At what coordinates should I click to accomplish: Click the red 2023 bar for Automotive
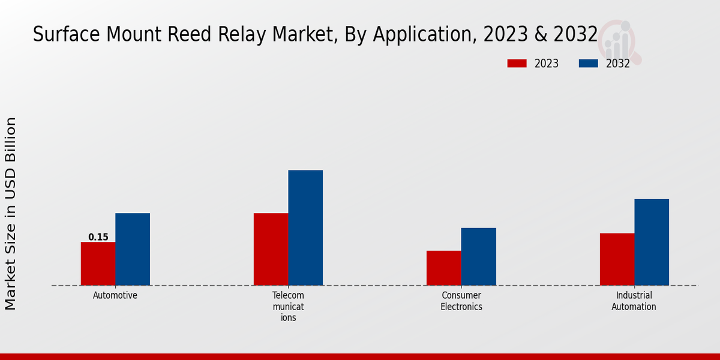pos(98,263)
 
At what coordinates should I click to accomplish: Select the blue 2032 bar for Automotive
pos(133,249)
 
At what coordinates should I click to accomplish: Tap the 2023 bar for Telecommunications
pos(271,249)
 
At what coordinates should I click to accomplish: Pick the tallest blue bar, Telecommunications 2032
pos(305,227)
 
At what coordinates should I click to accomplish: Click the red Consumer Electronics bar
pos(444,268)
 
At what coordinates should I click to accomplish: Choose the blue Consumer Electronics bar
pos(479,256)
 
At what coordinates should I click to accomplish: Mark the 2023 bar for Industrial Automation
pos(617,259)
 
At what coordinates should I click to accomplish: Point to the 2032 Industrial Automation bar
pos(652,242)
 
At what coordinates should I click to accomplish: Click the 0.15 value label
pos(98,237)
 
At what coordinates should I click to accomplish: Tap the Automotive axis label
pos(115,295)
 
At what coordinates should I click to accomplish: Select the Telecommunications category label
pos(289,306)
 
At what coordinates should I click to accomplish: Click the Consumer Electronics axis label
pos(461,301)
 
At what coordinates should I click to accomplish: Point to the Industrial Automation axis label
pos(634,301)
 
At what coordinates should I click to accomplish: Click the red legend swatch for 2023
pos(517,64)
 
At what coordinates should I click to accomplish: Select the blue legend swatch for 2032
pos(588,64)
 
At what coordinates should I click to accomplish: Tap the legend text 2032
pos(617,64)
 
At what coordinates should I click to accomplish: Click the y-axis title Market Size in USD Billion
pos(11,214)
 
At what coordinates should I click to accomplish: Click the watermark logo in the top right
pos(620,41)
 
